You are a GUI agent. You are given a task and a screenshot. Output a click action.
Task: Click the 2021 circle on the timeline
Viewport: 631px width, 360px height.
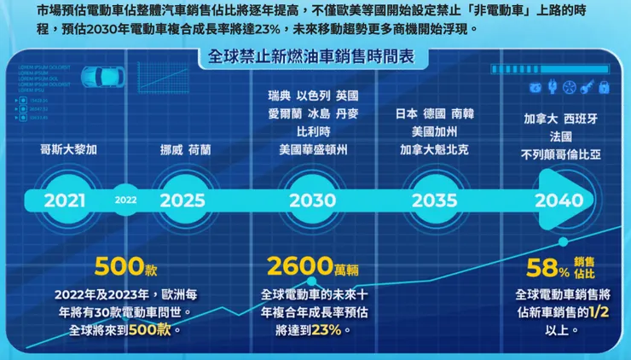pos(65,200)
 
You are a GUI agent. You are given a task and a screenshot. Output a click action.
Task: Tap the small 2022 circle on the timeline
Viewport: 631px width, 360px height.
pos(125,200)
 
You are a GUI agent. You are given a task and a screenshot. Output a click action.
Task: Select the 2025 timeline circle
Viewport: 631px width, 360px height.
pos(182,200)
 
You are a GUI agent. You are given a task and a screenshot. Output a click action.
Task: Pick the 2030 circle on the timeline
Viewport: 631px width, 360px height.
pos(311,200)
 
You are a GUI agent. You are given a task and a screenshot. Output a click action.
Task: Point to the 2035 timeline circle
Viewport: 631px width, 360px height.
pos(435,200)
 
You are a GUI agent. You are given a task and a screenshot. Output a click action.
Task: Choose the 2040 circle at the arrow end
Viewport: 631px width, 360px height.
pos(559,200)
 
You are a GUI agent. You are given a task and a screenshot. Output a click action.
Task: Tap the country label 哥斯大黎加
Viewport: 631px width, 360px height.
pos(69,149)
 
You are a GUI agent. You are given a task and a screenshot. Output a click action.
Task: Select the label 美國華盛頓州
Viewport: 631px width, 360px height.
pos(313,149)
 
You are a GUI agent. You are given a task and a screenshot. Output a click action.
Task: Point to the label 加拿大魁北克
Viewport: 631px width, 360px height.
pos(435,149)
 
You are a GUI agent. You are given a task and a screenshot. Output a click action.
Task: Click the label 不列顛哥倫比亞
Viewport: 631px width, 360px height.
pos(560,155)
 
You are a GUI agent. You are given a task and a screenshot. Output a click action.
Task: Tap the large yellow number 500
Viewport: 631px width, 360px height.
pos(119,266)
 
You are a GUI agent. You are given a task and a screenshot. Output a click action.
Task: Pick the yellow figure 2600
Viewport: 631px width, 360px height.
pos(299,266)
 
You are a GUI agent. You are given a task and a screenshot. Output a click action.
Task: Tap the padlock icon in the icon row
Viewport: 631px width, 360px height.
pos(604,87)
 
